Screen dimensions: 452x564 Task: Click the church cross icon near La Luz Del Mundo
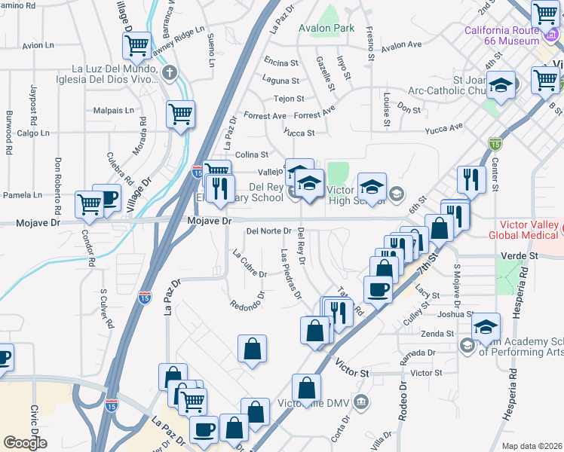170,73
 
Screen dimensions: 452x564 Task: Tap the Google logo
25,442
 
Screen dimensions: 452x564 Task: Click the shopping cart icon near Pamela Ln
90,203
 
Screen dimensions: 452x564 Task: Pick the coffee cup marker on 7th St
378,289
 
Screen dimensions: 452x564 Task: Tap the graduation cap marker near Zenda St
486,326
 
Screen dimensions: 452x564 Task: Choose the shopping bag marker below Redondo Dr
252,348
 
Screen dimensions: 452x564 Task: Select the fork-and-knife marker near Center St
467,179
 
